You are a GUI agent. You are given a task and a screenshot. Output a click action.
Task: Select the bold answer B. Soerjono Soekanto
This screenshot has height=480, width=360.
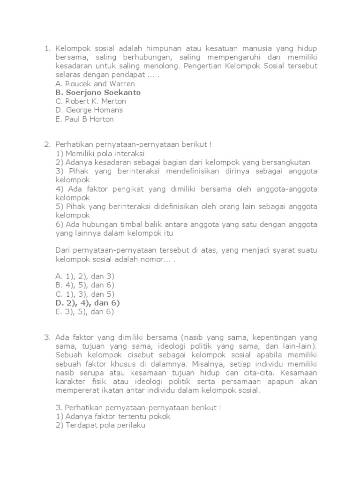click(97, 93)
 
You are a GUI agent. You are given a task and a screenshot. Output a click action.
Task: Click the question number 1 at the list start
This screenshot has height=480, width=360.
click(46, 48)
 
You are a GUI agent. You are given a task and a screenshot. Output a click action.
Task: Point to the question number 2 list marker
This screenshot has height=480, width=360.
click(46, 145)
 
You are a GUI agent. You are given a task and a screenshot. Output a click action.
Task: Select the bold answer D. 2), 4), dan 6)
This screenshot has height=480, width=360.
click(87, 303)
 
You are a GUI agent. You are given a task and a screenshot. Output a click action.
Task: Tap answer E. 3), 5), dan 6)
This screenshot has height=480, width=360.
click(84, 311)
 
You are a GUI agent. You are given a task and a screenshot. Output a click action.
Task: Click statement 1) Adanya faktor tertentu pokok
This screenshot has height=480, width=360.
click(112, 416)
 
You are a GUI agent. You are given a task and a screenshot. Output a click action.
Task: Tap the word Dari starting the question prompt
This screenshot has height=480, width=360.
click(63, 250)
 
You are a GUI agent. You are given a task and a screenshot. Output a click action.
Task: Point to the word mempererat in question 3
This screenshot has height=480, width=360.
click(76, 390)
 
